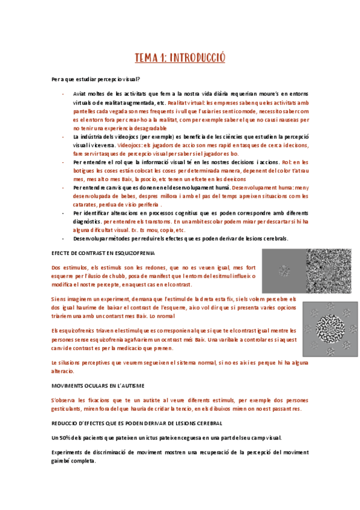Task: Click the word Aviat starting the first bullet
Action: (80, 94)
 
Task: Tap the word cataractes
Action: (85, 204)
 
